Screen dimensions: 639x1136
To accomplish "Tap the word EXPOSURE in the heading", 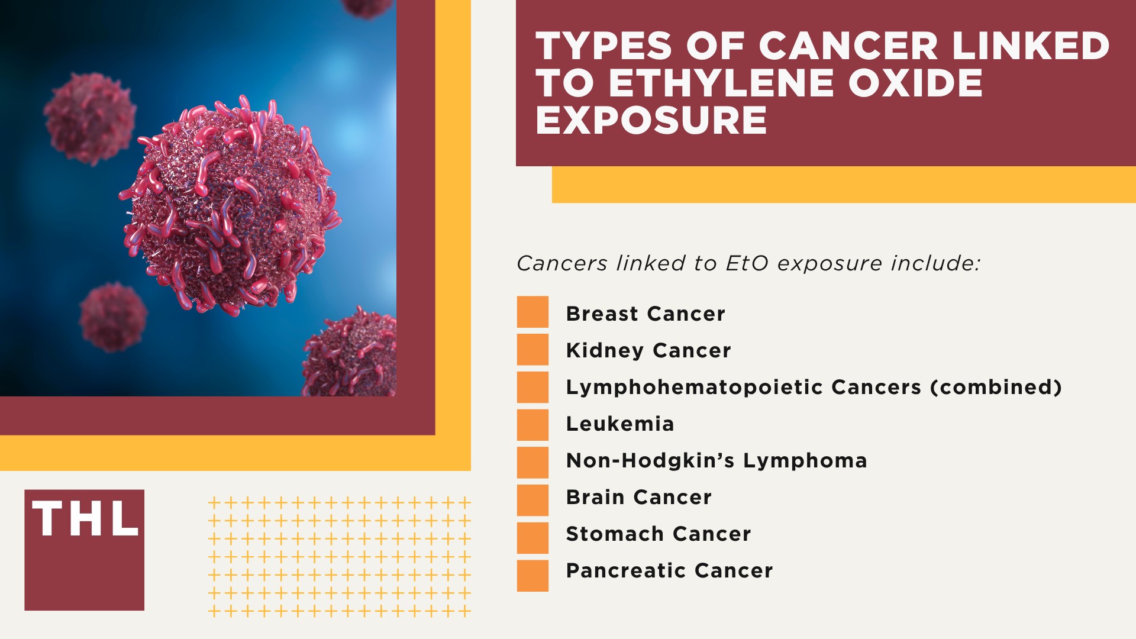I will click(x=651, y=120).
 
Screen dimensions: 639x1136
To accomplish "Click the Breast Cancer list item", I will click(x=646, y=314).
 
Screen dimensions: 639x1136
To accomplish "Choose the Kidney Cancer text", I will click(x=648, y=350).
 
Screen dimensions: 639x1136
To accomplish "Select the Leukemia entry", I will click(x=620, y=424).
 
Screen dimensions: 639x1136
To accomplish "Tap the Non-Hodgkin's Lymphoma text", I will click(x=717, y=460).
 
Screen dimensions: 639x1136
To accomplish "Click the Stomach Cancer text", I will click(x=659, y=534).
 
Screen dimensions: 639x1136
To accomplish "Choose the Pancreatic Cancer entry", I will click(x=669, y=570).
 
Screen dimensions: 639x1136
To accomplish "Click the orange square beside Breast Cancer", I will click(x=532, y=312).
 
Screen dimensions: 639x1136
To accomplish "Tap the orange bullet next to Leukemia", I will click(x=532, y=425).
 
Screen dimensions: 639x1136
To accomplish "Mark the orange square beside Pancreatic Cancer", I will click(x=532, y=576).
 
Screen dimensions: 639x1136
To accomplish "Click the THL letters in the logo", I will click(x=85, y=519).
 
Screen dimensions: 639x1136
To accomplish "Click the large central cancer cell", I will click(x=231, y=207).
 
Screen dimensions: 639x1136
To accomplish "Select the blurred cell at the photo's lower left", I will click(x=112, y=317).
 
